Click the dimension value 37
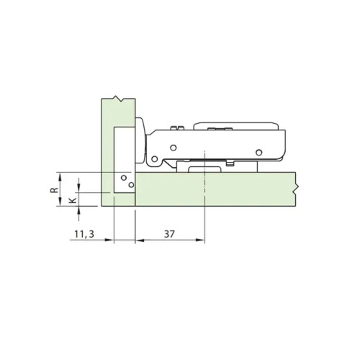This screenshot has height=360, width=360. (170, 234)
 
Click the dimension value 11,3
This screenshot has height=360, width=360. (85, 234)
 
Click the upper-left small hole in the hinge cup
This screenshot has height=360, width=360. (124, 177)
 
